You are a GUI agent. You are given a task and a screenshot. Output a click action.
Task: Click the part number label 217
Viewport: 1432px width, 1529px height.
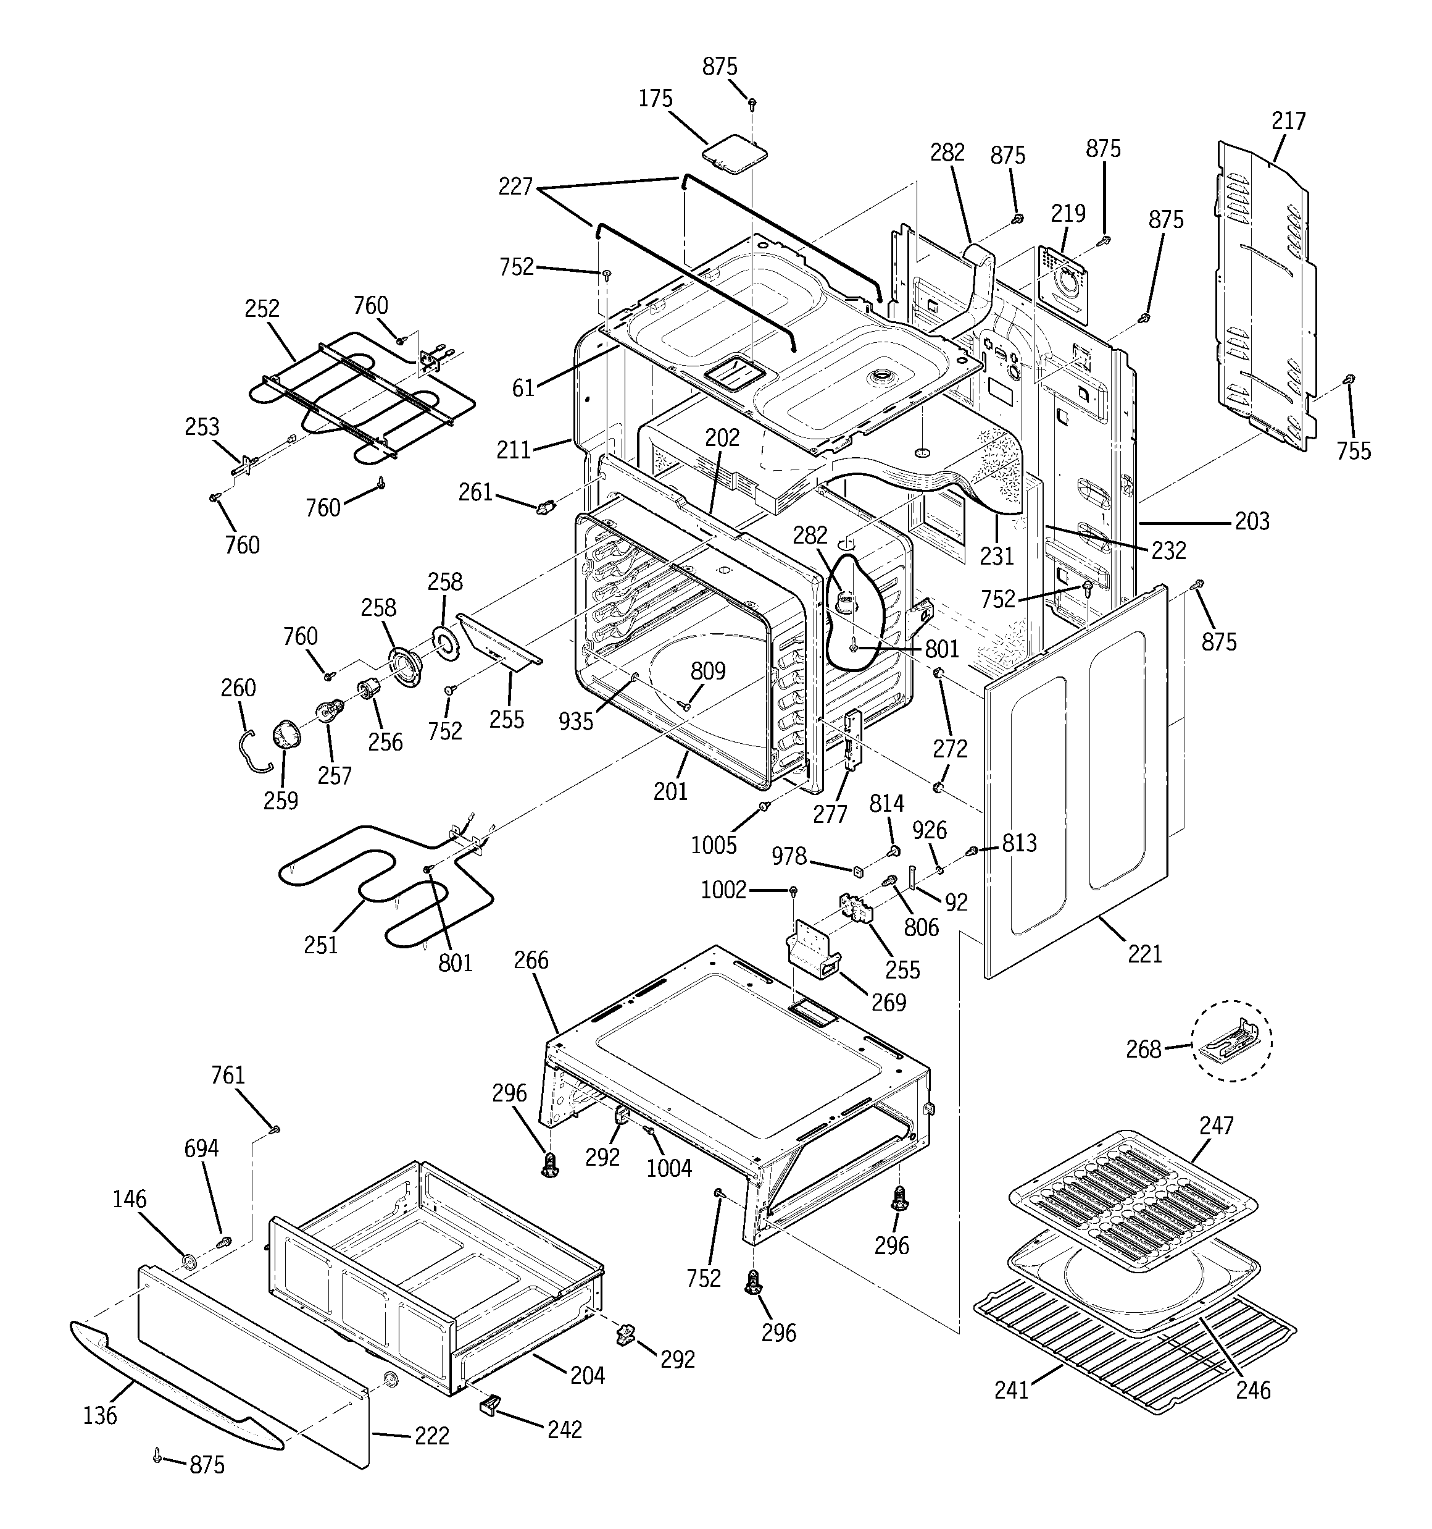1288,122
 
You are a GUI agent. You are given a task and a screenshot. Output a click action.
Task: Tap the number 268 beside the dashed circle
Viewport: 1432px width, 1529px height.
1143,1049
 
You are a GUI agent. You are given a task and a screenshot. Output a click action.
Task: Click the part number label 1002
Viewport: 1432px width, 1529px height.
723,890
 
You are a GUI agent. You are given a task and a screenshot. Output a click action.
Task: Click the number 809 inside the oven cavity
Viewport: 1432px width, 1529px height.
707,672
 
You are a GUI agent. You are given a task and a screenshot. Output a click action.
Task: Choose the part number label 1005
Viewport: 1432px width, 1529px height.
714,845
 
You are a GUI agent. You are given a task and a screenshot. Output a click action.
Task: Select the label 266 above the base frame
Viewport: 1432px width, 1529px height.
531,960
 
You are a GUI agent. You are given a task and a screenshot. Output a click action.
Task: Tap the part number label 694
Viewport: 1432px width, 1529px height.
201,1148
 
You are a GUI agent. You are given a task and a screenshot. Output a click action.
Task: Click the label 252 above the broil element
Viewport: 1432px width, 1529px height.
262,308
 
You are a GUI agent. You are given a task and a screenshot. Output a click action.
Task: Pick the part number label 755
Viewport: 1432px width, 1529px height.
1353,451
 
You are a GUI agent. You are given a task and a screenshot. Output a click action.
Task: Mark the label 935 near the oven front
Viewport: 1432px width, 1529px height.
576,721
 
